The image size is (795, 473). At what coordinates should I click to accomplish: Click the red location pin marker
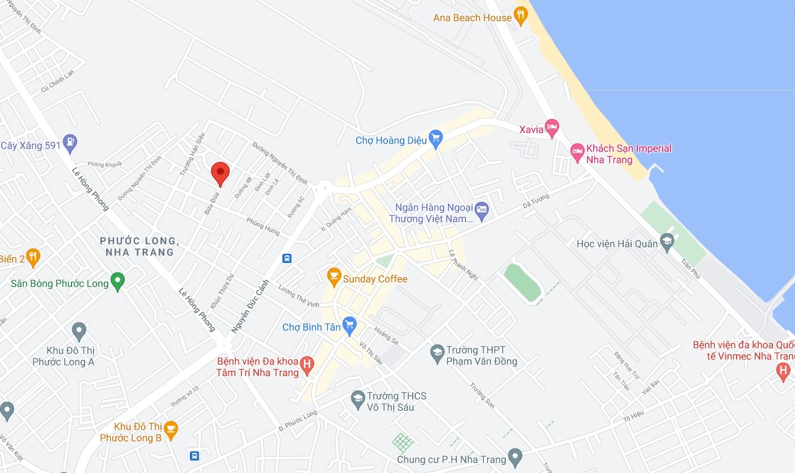pyautogui.click(x=220, y=173)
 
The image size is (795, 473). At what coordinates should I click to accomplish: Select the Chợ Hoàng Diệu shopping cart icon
pyautogui.click(x=435, y=138)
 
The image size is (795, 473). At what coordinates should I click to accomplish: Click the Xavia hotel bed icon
pyautogui.click(x=552, y=127)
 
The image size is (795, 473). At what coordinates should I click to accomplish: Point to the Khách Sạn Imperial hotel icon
pyautogui.click(x=577, y=152)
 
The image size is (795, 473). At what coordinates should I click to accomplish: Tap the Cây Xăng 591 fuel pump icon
pyautogui.click(x=70, y=143)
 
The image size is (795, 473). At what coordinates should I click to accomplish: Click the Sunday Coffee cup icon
pyautogui.click(x=334, y=277)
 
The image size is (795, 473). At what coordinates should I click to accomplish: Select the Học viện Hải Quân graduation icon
pyautogui.click(x=667, y=242)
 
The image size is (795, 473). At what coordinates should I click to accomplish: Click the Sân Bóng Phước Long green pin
pyautogui.click(x=117, y=281)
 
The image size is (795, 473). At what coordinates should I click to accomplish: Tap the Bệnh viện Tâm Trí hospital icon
pyautogui.click(x=307, y=365)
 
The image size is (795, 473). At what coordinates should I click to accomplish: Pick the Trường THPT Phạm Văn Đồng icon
pyautogui.click(x=437, y=353)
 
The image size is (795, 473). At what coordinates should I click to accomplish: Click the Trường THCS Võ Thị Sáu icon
pyautogui.click(x=357, y=399)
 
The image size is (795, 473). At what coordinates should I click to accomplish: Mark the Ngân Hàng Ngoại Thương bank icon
pyautogui.click(x=481, y=210)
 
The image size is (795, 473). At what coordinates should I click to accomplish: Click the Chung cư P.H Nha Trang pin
pyautogui.click(x=515, y=456)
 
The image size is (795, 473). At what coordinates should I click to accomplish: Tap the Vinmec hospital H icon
pyautogui.click(x=783, y=371)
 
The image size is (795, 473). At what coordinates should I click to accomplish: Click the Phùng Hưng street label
pyautogui.click(x=263, y=225)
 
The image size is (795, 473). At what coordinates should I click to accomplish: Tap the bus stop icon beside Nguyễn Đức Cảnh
pyautogui.click(x=287, y=258)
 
